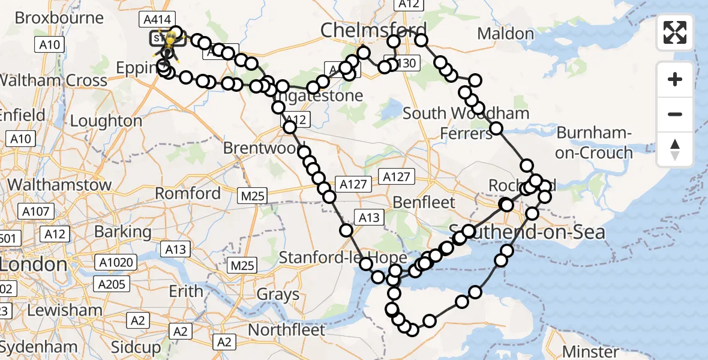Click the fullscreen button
click(675, 32)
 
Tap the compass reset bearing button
click(675, 149)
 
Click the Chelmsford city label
click(374, 29)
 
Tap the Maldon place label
click(506, 34)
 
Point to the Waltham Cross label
click(53, 80)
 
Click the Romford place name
click(188, 193)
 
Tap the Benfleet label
click(424, 202)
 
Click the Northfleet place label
click(286, 329)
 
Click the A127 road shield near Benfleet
click(396, 176)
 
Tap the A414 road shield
click(153, 19)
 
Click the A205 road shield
click(112, 284)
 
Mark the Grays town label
click(278, 295)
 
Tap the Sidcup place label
click(136, 347)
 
